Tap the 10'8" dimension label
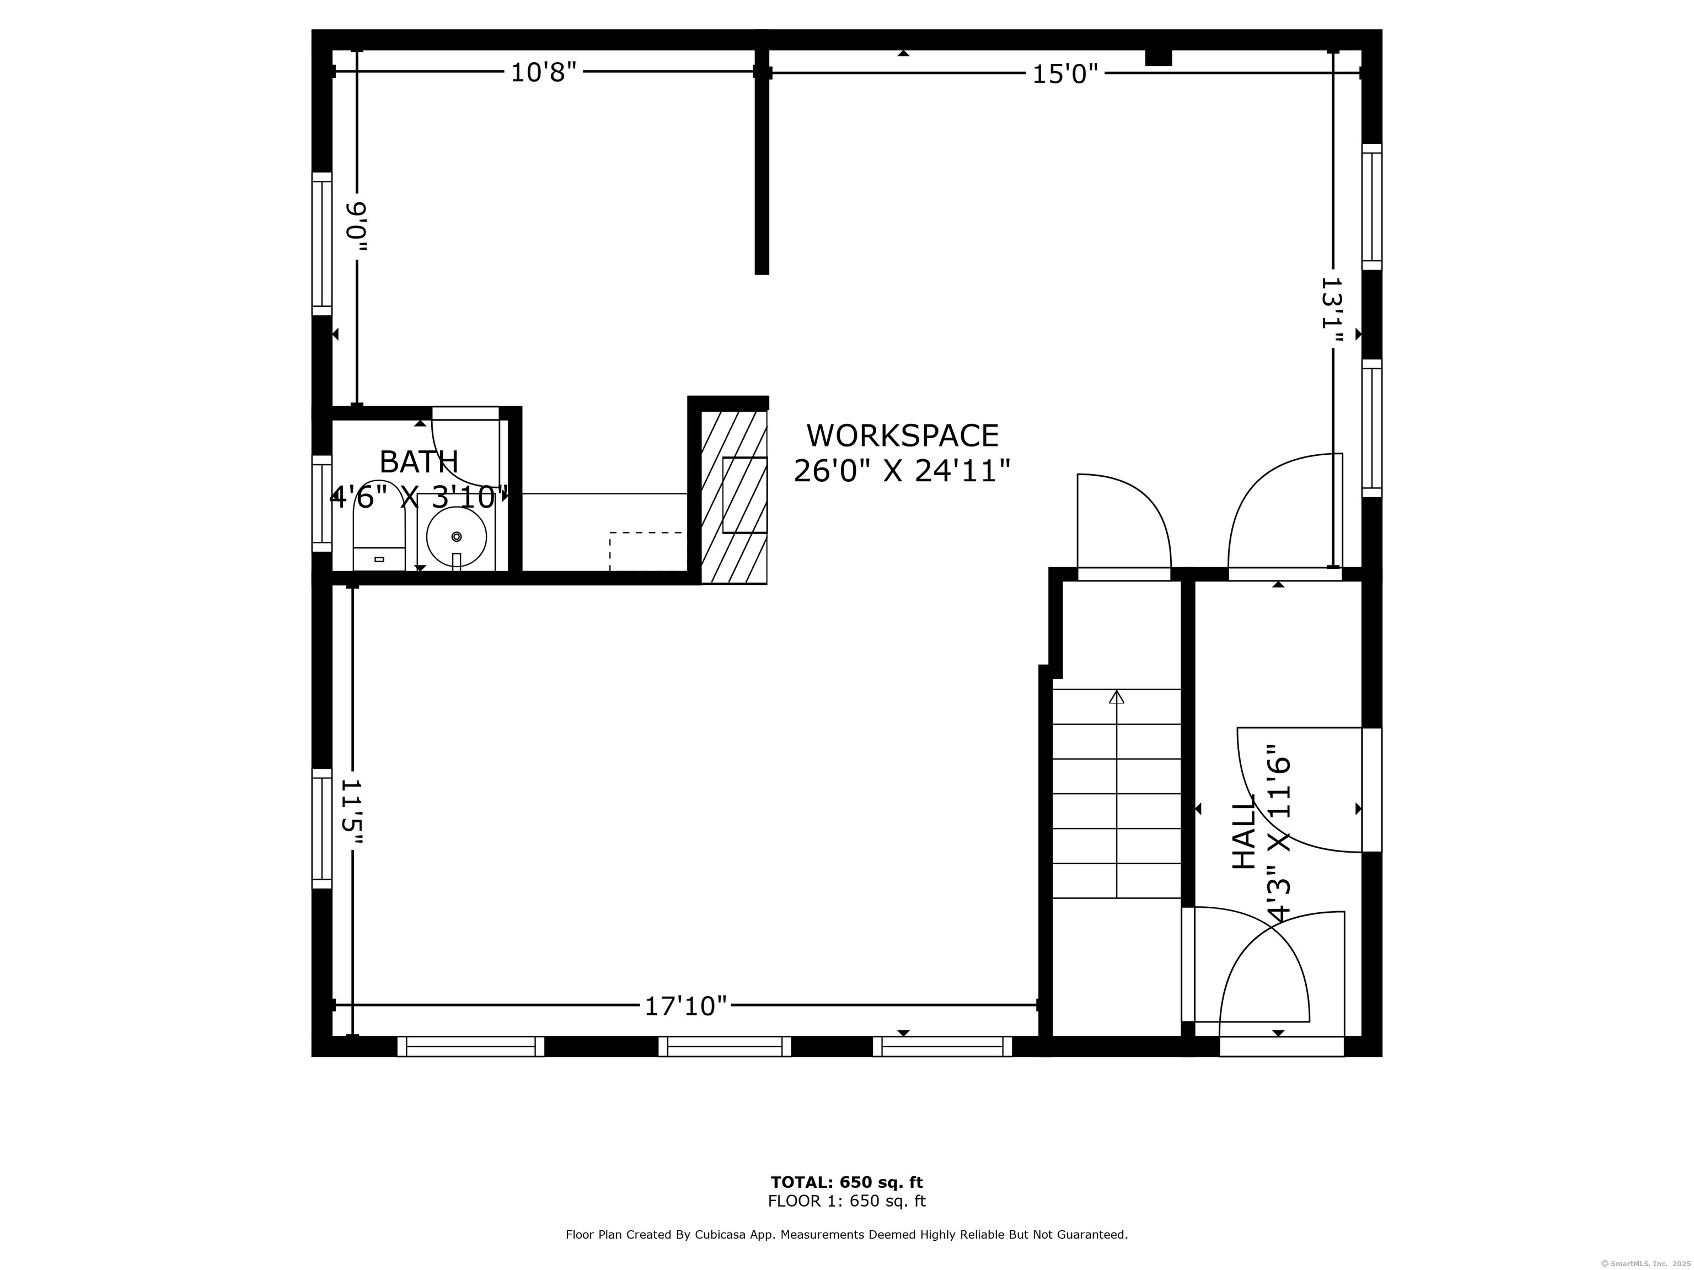click(x=543, y=73)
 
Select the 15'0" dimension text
click(x=1065, y=74)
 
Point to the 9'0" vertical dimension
click(x=357, y=227)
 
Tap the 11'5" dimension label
click(x=351, y=812)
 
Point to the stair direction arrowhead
click(x=1117, y=697)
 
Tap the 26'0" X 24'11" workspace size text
click(x=902, y=471)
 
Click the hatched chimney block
click(x=733, y=496)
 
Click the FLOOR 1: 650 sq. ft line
click(x=847, y=1201)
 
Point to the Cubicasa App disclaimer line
click(x=847, y=1235)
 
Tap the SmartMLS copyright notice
click(x=1647, y=1263)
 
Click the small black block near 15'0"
click(x=1159, y=57)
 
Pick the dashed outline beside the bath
click(x=646, y=551)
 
